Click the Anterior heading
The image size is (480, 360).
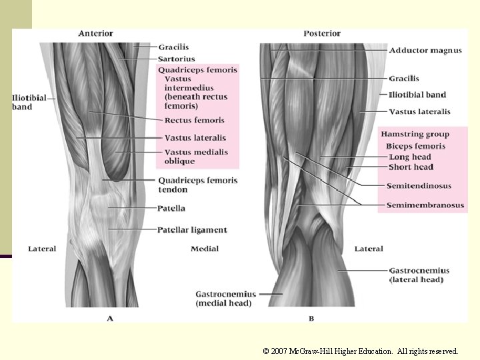coord(95,33)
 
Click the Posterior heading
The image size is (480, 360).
coord(322,33)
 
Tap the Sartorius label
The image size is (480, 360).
coord(177,59)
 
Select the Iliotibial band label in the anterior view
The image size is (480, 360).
coord(29,102)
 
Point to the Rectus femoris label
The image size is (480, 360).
coord(195,121)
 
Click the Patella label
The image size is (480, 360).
coord(171,209)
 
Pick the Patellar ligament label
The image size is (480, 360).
coord(192,230)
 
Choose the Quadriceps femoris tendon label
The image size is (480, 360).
coord(197,185)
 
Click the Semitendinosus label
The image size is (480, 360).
coord(419,186)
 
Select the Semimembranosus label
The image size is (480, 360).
coord(425,205)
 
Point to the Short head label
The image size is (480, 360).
coord(411,167)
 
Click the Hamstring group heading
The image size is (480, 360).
coord(415,135)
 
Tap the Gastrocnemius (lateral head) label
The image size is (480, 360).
coord(419,275)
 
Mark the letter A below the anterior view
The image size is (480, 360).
coord(110,319)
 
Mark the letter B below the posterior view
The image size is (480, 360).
coord(311,319)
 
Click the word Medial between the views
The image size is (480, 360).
coord(205,249)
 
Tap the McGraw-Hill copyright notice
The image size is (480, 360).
coord(361,351)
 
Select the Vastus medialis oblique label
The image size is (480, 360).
coord(196,157)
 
